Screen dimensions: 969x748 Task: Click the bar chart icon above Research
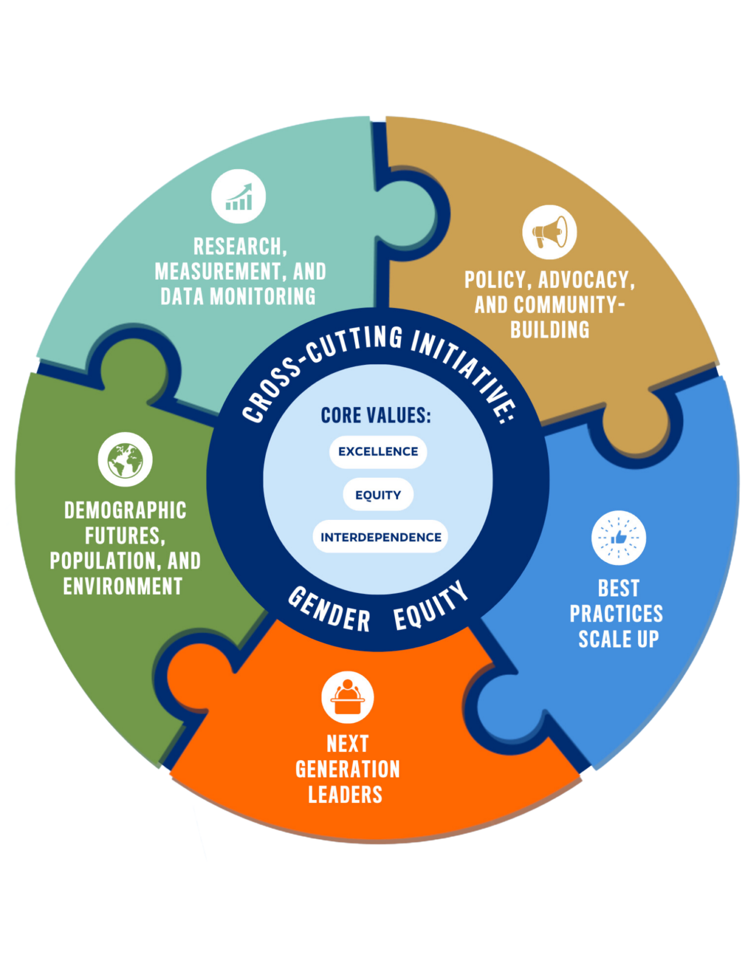click(238, 196)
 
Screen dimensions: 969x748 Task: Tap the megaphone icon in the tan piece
click(549, 232)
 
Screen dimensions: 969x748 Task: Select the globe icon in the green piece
click(125, 460)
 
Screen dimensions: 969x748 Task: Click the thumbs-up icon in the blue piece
click(618, 537)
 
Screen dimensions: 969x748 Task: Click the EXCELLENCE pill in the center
click(378, 451)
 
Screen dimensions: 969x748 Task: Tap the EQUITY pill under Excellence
click(378, 495)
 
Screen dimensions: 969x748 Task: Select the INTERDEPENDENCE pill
click(380, 537)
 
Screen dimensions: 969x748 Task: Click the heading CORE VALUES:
click(376, 415)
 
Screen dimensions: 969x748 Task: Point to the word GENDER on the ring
click(330, 610)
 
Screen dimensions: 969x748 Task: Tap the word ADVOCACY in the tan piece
click(586, 280)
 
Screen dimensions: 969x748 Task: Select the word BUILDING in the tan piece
click(550, 330)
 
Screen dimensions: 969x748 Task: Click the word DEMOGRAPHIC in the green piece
click(125, 511)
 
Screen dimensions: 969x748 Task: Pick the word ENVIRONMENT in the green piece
click(123, 586)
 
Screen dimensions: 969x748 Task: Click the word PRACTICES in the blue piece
click(617, 613)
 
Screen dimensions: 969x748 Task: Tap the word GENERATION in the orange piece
click(348, 769)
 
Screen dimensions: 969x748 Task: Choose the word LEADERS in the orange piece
click(345, 795)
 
